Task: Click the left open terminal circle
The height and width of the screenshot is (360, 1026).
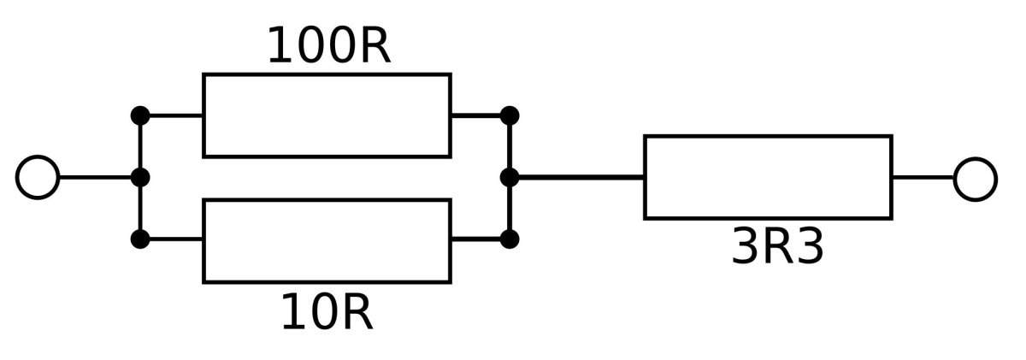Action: point(38,178)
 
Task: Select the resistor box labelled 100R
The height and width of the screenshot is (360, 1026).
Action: point(327,115)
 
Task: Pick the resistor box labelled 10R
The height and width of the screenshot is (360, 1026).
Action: point(327,240)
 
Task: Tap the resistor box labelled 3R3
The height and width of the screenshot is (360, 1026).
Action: point(768,177)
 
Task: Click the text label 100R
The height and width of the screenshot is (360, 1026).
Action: point(328,47)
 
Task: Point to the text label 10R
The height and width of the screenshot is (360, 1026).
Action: point(327,314)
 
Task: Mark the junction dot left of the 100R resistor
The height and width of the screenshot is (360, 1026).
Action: point(140,115)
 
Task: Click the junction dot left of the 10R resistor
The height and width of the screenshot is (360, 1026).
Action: point(140,239)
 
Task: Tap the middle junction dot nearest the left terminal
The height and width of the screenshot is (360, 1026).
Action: point(140,178)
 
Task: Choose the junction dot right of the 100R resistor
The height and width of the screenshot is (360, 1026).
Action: point(510,115)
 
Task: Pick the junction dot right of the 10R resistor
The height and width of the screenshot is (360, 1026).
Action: point(510,239)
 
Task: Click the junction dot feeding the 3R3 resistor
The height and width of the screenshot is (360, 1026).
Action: point(510,178)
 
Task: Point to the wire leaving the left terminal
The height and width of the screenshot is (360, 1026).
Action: point(98,178)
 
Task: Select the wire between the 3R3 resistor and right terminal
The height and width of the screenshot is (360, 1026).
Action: point(923,178)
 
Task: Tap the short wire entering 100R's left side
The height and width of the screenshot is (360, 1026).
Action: point(172,115)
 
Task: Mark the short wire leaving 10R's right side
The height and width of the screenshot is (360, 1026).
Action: point(480,239)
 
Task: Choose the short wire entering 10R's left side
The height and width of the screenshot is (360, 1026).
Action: point(172,239)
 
